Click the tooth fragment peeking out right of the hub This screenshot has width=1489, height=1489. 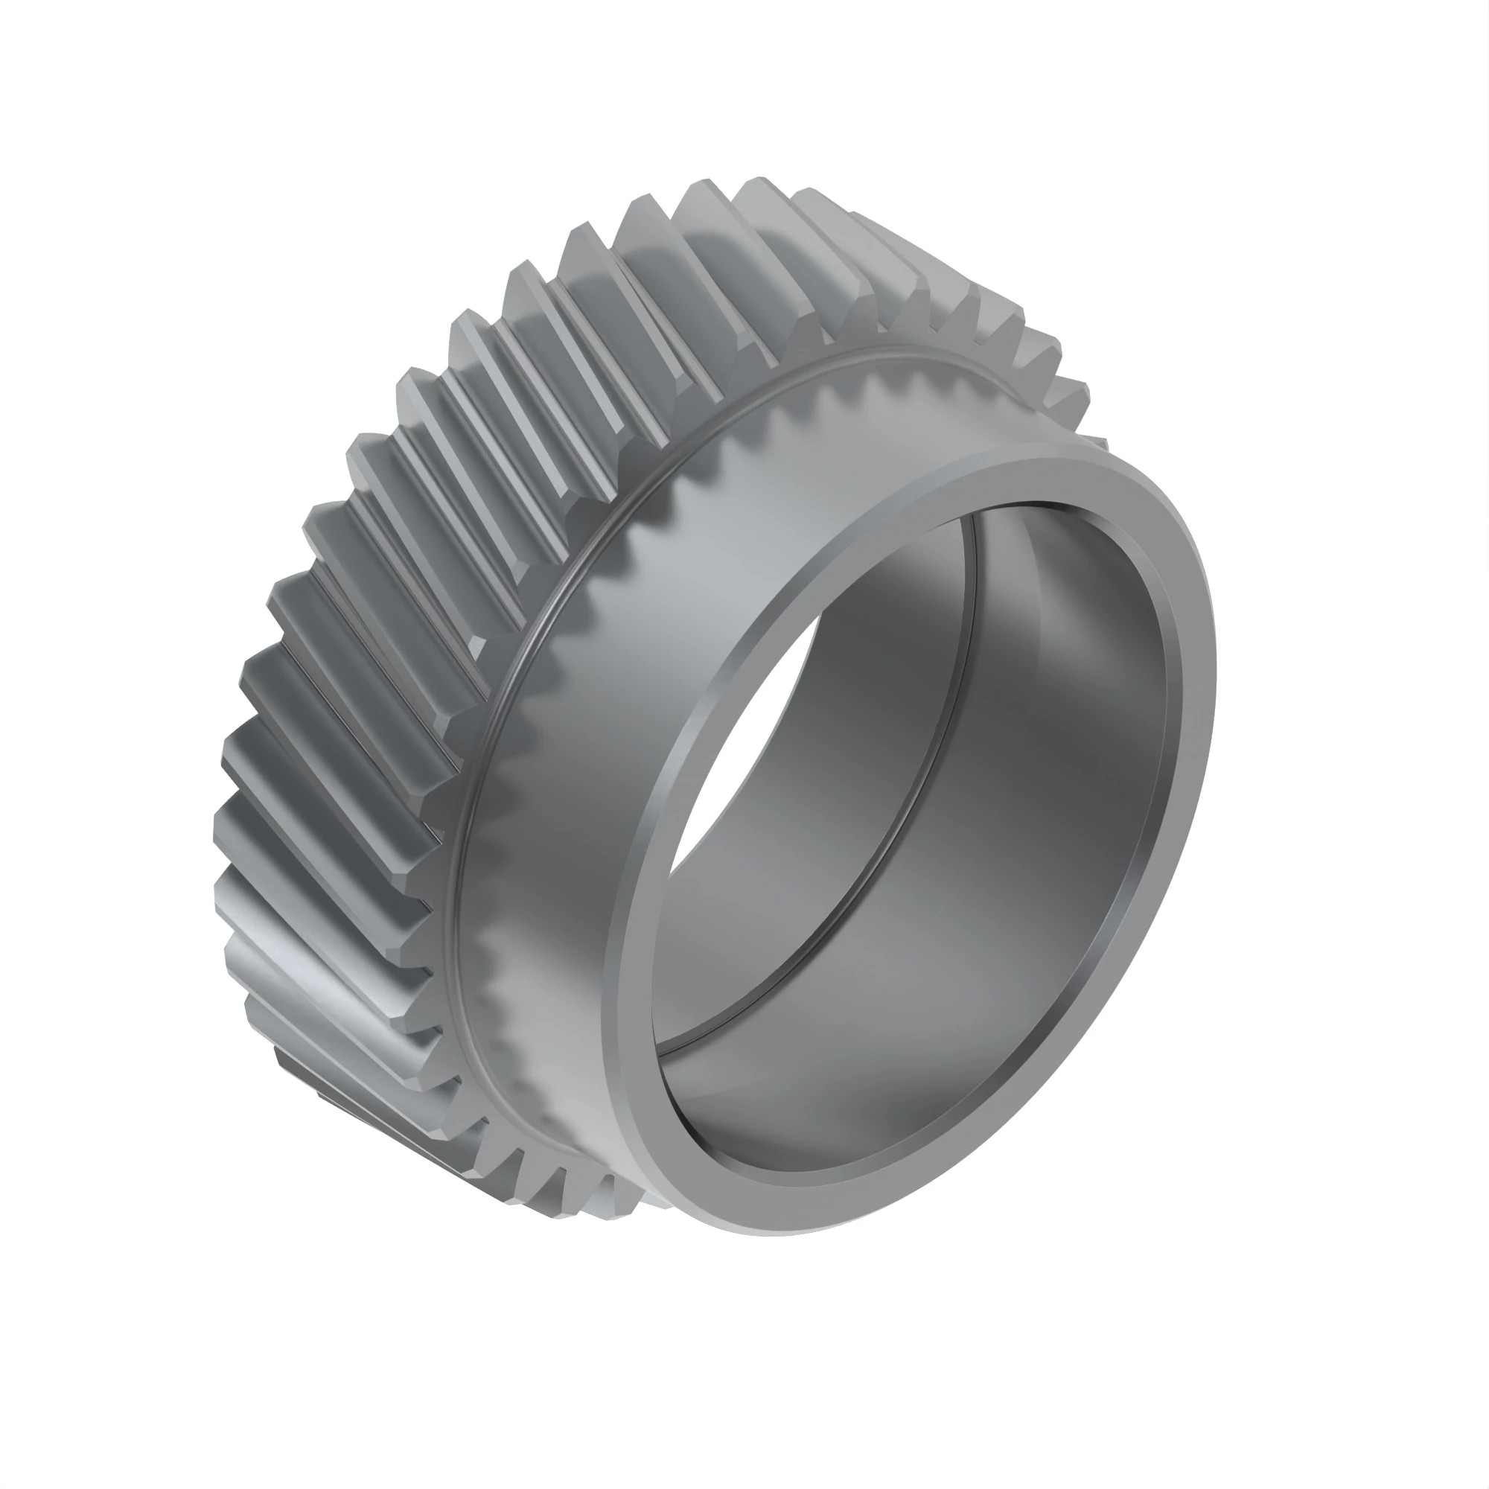[1098, 444]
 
